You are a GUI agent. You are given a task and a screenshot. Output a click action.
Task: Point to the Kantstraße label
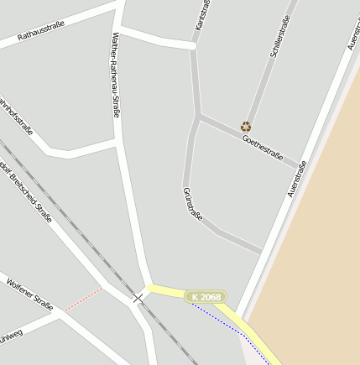(x=202, y=14)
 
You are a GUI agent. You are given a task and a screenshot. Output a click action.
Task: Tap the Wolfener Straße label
(x=29, y=293)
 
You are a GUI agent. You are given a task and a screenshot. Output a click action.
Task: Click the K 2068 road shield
(x=206, y=297)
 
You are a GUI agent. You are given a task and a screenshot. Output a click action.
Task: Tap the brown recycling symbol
(x=246, y=127)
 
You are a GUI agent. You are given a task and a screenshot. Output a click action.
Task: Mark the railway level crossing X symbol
(x=138, y=298)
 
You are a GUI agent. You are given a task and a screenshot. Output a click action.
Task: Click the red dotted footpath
(x=83, y=300)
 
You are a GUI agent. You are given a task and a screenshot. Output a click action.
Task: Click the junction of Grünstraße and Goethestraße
(x=198, y=115)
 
